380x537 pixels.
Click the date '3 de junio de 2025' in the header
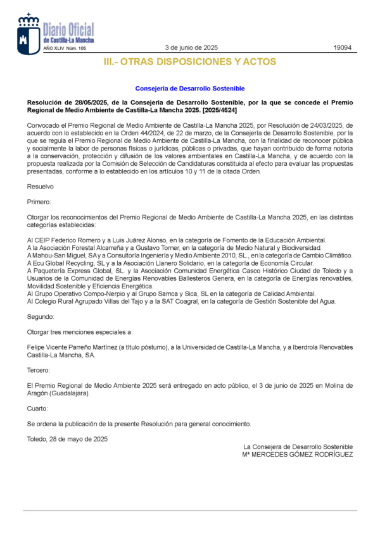191,47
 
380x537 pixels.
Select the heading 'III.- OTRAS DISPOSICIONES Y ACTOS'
189,62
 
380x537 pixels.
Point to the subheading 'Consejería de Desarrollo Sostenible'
189,89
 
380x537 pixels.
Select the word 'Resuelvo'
40,187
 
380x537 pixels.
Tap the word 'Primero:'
40,202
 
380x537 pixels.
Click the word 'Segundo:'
41,316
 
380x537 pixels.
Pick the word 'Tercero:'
39,370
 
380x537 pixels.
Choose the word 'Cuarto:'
38,409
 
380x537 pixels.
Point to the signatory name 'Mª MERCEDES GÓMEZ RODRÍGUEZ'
297,454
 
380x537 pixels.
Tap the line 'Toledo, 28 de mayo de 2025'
67,439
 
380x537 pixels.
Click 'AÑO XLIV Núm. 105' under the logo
64,48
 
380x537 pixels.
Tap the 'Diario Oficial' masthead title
68,29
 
